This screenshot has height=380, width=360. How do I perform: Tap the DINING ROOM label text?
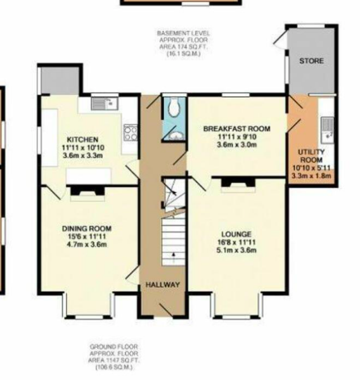(x=87, y=229)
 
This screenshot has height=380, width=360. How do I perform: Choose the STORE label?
(x=311, y=61)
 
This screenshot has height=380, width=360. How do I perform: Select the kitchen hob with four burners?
(x=131, y=132)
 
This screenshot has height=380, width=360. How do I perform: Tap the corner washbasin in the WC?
(x=177, y=135)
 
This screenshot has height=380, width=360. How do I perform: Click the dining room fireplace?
(x=83, y=191)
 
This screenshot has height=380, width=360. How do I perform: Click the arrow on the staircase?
(x=172, y=257)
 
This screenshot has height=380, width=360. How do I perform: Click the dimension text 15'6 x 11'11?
(x=87, y=237)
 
